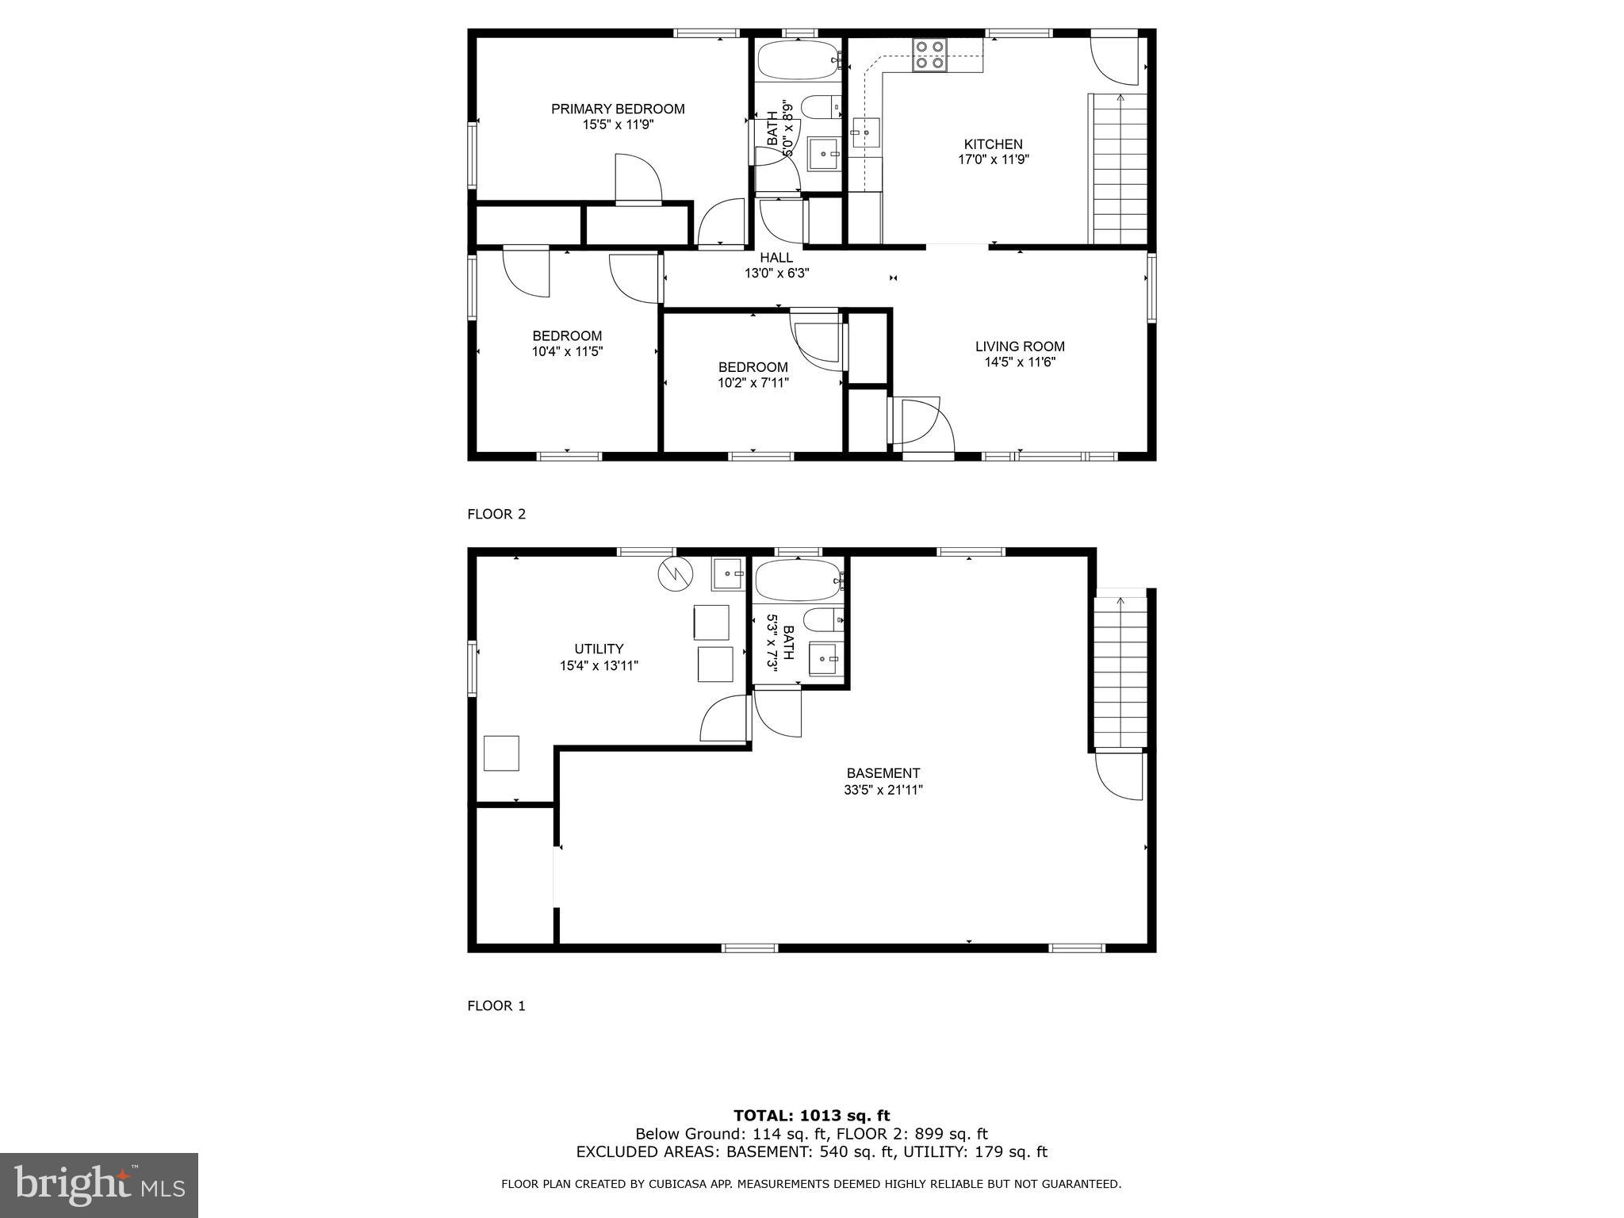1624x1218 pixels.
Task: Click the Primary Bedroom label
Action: coord(618,109)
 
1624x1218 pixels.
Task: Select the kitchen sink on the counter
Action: coord(866,133)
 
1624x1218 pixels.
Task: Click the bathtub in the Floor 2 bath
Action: coord(798,60)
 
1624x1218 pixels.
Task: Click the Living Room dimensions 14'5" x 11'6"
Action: coord(1019,362)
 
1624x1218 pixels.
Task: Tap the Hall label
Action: coord(776,258)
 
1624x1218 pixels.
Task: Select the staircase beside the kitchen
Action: coord(1120,168)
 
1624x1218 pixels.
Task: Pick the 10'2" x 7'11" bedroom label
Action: coord(753,375)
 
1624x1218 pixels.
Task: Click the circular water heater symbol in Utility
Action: coord(675,574)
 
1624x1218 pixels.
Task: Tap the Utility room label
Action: coord(599,649)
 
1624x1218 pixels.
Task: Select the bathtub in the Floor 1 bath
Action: coord(798,581)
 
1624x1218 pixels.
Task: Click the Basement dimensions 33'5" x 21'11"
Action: coord(883,790)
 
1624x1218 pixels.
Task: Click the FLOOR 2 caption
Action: coord(496,514)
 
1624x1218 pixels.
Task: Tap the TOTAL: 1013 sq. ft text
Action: coord(811,1116)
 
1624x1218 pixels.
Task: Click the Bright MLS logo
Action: coord(99,1185)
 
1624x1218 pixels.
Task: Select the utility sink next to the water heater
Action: coord(728,574)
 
